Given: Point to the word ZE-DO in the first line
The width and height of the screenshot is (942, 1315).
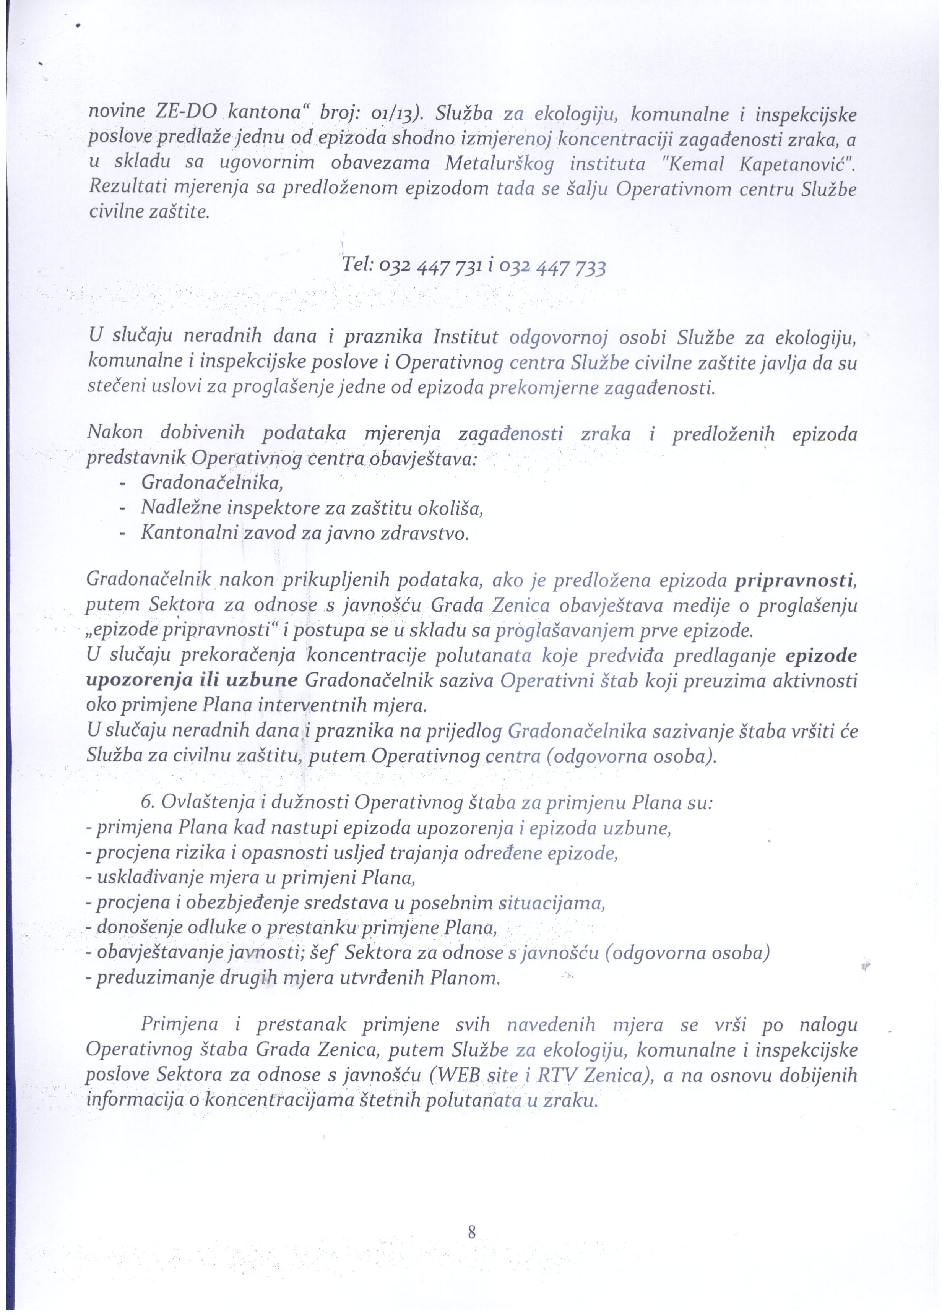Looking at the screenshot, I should click(186, 114).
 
